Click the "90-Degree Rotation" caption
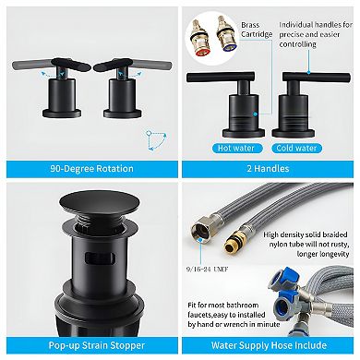89,169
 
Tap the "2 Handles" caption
270,169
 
